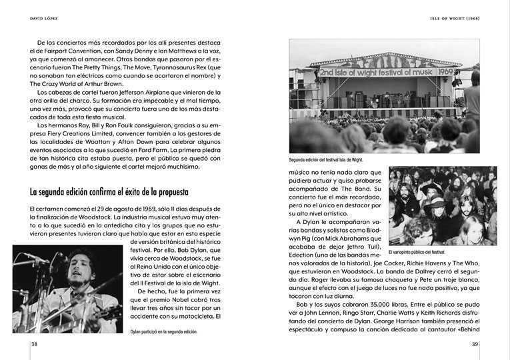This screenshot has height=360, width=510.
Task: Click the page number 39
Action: click(x=476, y=344)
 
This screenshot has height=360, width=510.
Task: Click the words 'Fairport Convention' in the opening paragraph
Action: click(x=63, y=51)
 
